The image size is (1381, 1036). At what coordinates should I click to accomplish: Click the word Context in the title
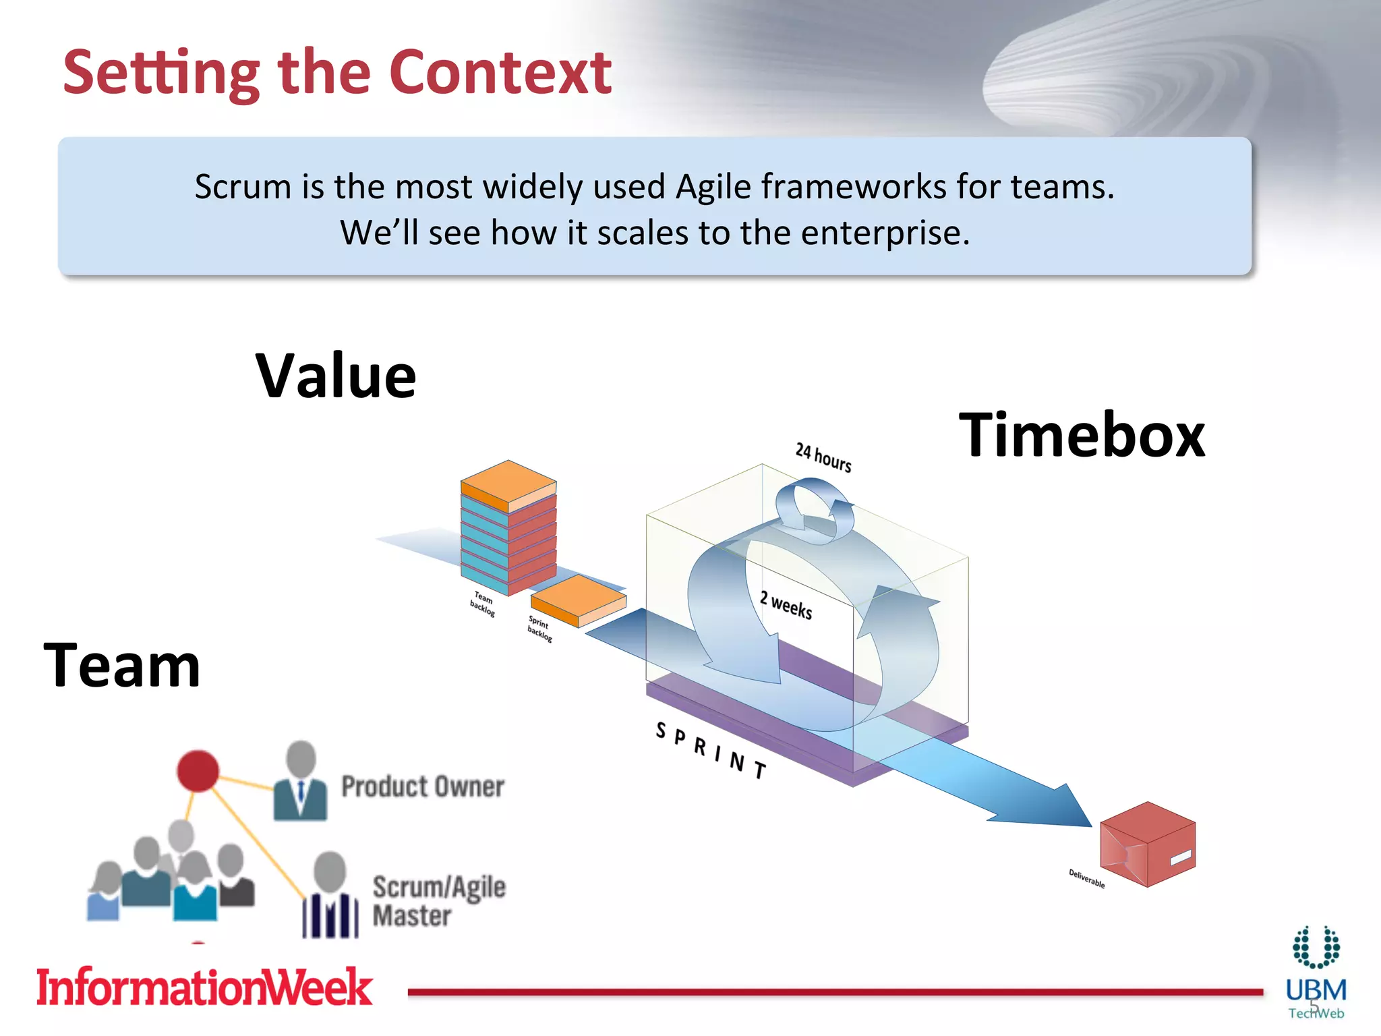click(x=500, y=73)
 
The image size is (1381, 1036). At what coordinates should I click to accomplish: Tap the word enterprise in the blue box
click(x=884, y=233)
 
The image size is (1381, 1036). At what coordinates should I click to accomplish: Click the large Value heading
click(x=336, y=376)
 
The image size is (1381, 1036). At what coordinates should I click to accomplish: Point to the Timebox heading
click(x=1082, y=435)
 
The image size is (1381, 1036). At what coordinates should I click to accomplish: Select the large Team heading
click(x=122, y=666)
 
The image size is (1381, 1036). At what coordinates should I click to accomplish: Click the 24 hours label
click(x=823, y=458)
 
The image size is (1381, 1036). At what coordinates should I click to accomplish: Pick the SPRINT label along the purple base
click(x=711, y=750)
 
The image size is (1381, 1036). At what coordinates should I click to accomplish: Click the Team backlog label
click(x=483, y=603)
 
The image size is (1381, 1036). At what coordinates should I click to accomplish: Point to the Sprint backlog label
click(x=539, y=629)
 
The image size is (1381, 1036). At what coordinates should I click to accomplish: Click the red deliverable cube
click(x=1147, y=844)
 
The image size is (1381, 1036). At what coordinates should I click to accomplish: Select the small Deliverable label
click(x=1086, y=878)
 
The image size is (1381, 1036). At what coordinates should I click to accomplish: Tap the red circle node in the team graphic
click(x=198, y=770)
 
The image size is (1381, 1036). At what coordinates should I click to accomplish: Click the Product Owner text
click(x=423, y=787)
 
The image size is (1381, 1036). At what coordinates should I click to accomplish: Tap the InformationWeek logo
click(x=204, y=987)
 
